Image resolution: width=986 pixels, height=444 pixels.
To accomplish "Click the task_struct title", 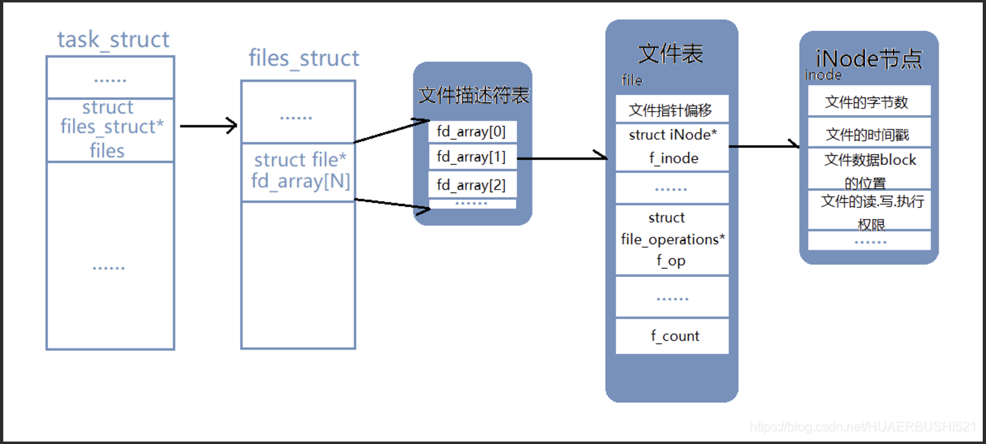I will (x=113, y=40).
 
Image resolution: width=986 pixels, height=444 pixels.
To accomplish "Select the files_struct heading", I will (x=304, y=58).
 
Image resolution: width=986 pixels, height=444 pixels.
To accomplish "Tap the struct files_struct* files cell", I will (x=110, y=129).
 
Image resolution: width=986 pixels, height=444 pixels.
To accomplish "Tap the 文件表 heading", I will (x=670, y=54).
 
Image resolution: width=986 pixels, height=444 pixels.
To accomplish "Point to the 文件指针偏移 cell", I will (x=672, y=110).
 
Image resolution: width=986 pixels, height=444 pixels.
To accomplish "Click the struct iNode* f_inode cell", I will (x=672, y=147).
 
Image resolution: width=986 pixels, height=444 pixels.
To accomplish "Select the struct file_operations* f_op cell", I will (x=672, y=239).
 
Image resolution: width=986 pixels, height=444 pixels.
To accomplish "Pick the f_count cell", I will (x=672, y=336).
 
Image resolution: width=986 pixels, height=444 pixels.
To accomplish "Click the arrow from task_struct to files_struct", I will (x=208, y=126).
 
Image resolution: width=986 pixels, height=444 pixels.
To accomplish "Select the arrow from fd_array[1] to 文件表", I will (x=562, y=158).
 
